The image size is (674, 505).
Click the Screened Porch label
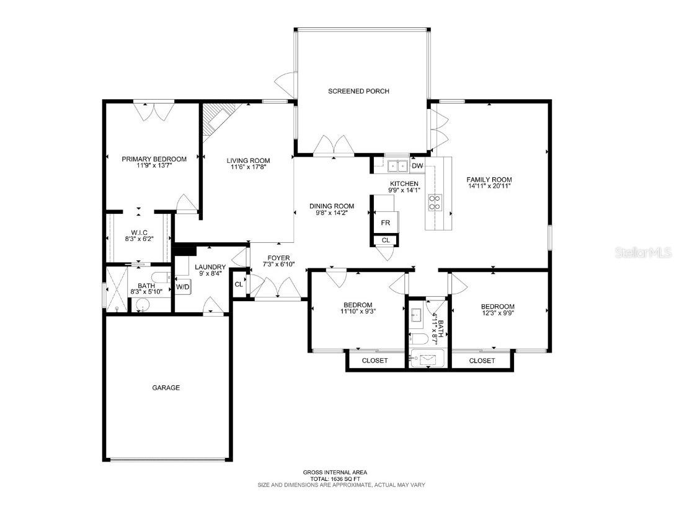point(358,91)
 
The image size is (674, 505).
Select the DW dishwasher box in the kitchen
point(417,165)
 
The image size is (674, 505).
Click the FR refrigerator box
point(384,223)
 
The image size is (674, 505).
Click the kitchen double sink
point(397,165)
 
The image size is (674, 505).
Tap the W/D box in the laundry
point(182,287)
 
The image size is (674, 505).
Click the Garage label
point(166,388)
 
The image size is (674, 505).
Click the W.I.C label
point(138,232)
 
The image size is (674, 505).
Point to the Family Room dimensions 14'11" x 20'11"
point(489,186)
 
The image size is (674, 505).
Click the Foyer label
point(278,258)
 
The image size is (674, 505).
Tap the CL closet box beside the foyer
point(239,284)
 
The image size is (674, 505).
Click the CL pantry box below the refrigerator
point(386,240)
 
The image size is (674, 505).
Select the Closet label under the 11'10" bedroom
point(375,361)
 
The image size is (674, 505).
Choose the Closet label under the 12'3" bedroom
point(482,361)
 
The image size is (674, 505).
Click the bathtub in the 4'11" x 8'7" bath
point(428,359)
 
